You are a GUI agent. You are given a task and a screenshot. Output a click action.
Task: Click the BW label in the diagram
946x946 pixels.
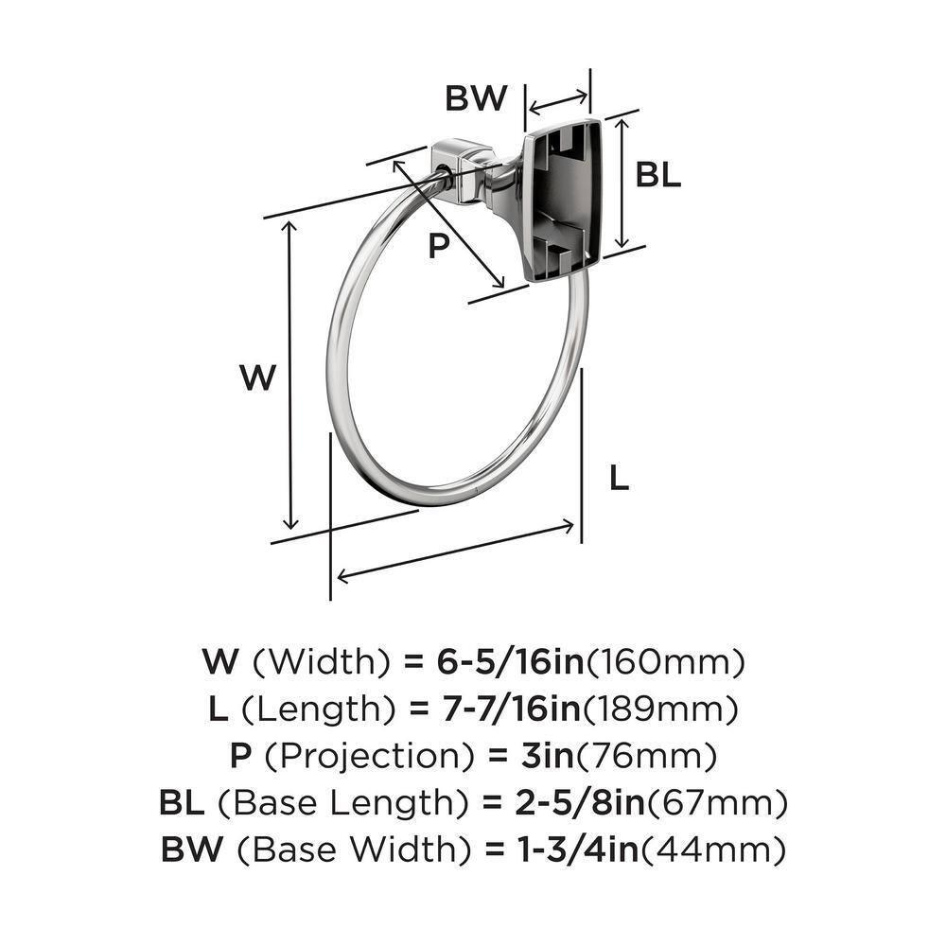click(x=477, y=98)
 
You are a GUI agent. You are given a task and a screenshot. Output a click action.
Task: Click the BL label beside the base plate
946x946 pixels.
click(x=657, y=174)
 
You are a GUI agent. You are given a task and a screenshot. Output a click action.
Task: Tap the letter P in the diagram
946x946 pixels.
click(x=436, y=247)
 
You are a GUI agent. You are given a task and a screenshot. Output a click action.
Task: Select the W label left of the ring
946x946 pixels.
click(x=257, y=378)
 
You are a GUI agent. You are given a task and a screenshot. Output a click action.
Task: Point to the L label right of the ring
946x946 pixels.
click(x=618, y=480)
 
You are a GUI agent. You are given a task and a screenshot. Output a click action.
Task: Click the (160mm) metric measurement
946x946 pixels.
click(x=667, y=661)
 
